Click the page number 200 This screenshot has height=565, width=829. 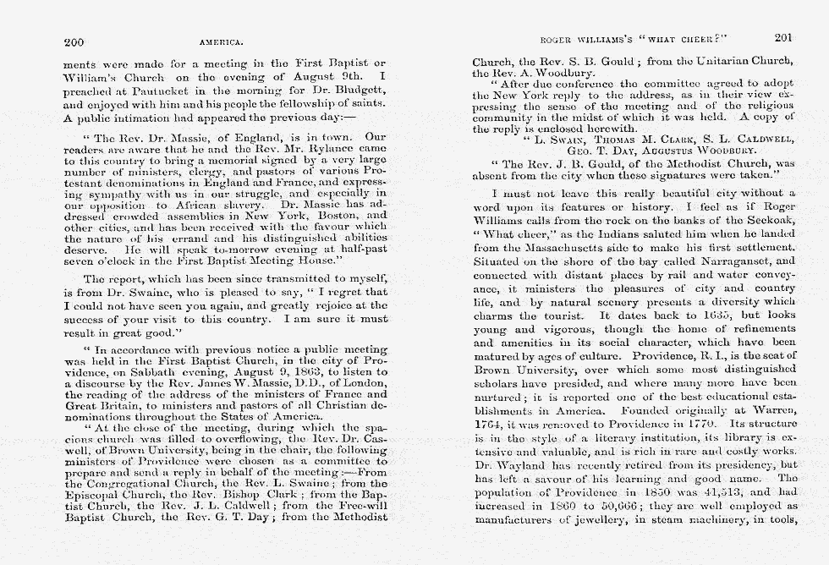point(74,40)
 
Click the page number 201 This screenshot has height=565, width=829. point(782,38)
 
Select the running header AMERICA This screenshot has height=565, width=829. point(222,41)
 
